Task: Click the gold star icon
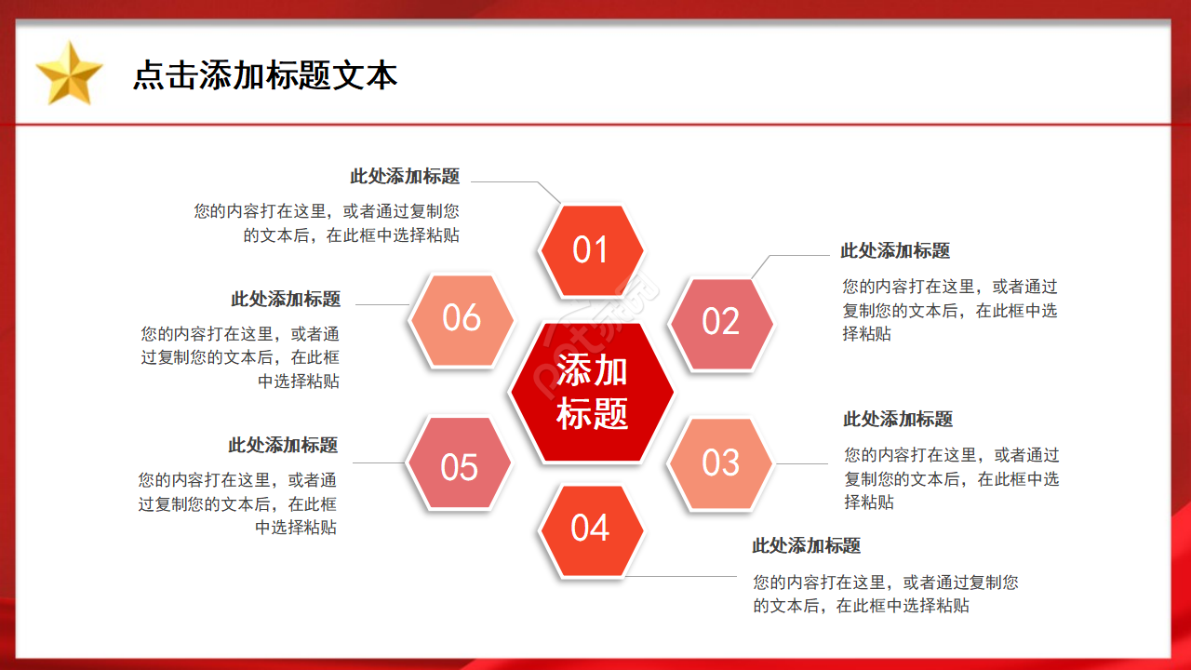pos(69,74)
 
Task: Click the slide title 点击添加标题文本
pos(265,75)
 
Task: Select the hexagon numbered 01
pos(592,249)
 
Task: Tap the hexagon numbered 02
pos(721,322)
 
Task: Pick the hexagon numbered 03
pos(721,463)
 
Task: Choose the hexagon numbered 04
pos(591,529)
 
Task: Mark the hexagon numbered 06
pos(462,318)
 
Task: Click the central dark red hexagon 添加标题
pos(592,392)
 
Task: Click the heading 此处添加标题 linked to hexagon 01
pos(405,177)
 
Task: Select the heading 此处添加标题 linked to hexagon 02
pos(895,251)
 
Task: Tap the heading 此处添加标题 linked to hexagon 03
pos(898,420)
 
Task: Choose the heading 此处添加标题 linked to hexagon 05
pos(283,446)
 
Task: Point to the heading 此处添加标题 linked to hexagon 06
pos(286,300)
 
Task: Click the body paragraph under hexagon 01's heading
pos(327,223)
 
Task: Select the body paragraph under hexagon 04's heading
pos(885,594)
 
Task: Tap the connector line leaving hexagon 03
pos(802,463)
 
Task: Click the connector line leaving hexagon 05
pos(380,462)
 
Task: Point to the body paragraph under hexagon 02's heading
pos(950,310)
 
